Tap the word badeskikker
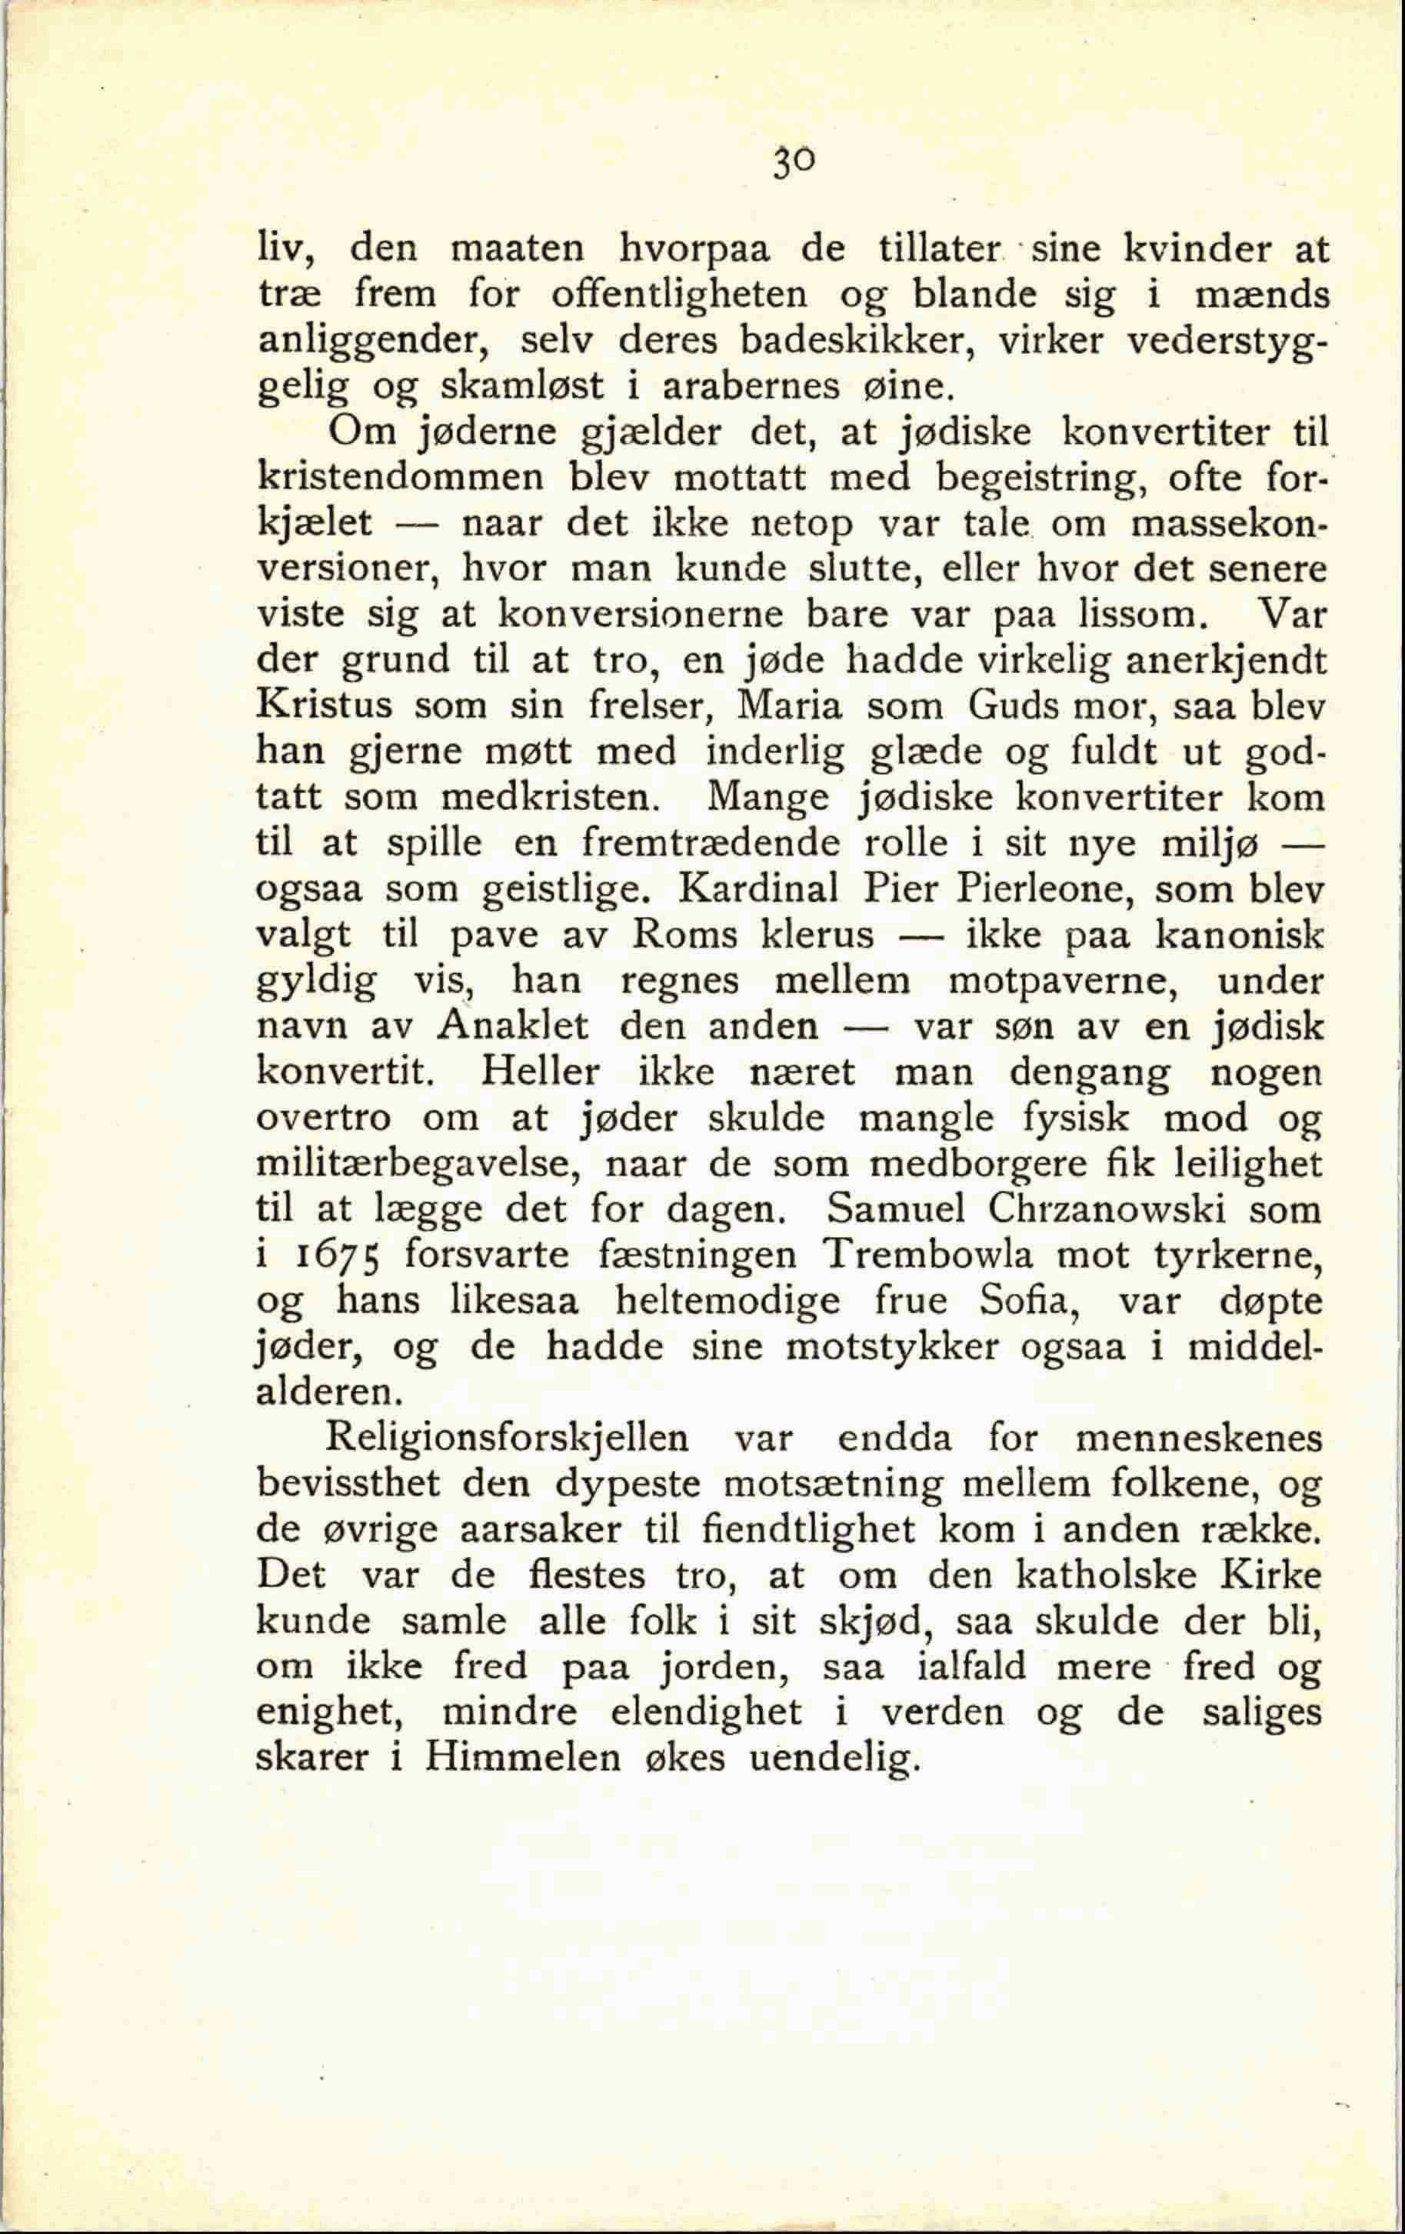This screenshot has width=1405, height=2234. pos(855,341)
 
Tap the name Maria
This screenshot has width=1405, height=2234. pos(789,706)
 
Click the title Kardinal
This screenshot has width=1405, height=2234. pos(757,889)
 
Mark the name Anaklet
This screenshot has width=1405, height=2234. pos(513,1026)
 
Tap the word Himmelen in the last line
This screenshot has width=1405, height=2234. pos(523,1758)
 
